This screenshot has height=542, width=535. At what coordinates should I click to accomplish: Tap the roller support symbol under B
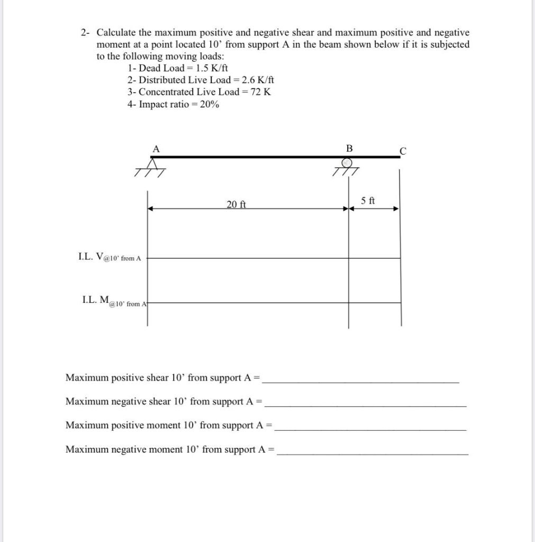(347, 167)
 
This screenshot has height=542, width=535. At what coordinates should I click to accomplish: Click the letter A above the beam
(156, 149)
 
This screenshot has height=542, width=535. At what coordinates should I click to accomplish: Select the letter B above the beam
(349, 148)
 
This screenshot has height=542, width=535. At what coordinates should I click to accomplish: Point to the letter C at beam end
(403, 151)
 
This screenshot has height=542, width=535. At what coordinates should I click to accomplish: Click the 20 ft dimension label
(237, 204)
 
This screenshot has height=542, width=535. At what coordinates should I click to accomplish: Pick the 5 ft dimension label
(368, 201)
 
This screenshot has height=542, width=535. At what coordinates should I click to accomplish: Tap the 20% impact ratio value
(210, 104)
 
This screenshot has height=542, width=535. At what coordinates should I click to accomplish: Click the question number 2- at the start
(86, 33)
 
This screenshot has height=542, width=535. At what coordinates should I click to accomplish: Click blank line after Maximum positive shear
(361, 381)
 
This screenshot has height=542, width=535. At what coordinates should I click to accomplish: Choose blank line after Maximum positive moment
(370, 429)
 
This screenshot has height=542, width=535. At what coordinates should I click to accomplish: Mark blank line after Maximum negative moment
(373, 453)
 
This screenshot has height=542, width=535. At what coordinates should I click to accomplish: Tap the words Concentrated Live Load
(177, 92)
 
